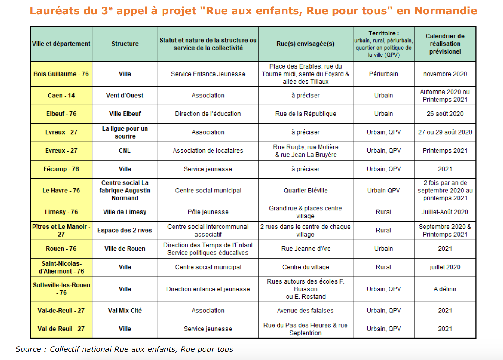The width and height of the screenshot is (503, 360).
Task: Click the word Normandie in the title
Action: point(445,11)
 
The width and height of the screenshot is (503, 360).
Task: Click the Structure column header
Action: point(125,44)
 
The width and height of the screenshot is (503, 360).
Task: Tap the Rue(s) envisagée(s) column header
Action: point(305,44)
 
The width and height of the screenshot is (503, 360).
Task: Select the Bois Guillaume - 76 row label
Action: point(61,74)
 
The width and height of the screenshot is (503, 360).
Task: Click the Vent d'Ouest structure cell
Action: point(125,95)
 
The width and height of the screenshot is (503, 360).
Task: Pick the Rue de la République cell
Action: point(305,114)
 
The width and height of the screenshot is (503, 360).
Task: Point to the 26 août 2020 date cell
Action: point(445,114)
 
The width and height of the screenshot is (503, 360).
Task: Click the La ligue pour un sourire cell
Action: point(125,132)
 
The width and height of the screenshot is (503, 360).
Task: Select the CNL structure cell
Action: point(125,151)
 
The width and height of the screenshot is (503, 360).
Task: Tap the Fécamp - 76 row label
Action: point(61,169)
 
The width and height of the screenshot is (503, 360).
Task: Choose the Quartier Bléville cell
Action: point(305,191)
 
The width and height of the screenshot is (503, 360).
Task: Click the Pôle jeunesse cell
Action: point(208,212)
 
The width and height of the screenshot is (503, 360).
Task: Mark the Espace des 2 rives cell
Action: point(125,231)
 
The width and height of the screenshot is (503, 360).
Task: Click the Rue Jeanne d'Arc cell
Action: point(305,249)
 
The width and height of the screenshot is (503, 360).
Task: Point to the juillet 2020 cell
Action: point(445,267)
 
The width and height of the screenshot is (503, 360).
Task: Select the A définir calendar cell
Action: point(445,289)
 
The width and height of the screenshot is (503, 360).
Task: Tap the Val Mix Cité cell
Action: point(125,311)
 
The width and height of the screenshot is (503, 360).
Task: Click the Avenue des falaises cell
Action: point(305,311)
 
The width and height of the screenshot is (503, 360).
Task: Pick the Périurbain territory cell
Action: point(383,74)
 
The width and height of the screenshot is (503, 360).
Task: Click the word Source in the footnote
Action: point(28,349)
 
